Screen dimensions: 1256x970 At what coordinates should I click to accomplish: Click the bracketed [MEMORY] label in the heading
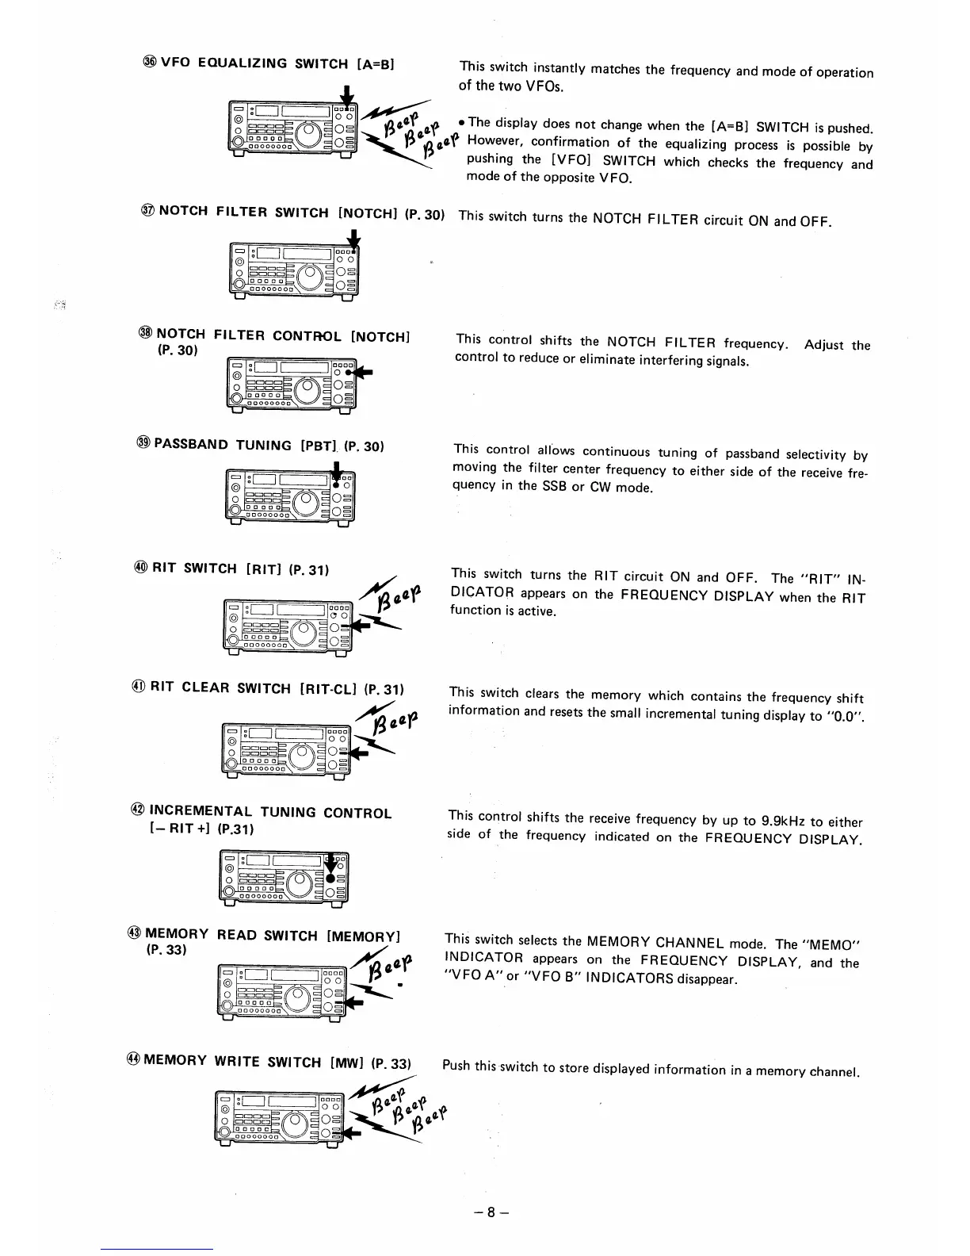pos(364,936)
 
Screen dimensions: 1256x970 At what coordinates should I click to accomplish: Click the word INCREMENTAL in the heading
pos(201,811)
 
